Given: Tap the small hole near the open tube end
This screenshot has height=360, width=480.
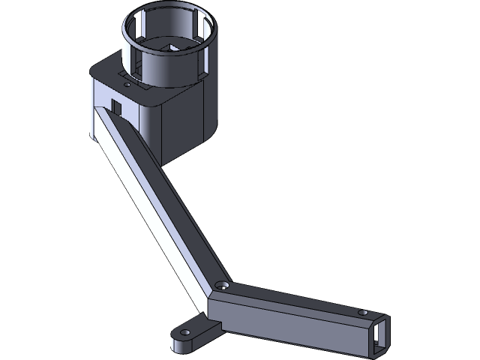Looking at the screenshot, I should pos(362,312).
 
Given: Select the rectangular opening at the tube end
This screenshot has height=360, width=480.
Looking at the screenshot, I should pos(381,333).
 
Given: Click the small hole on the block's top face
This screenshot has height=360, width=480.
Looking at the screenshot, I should pos(127,85).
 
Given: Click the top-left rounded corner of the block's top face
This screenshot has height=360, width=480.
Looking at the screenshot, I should pos(96,67).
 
